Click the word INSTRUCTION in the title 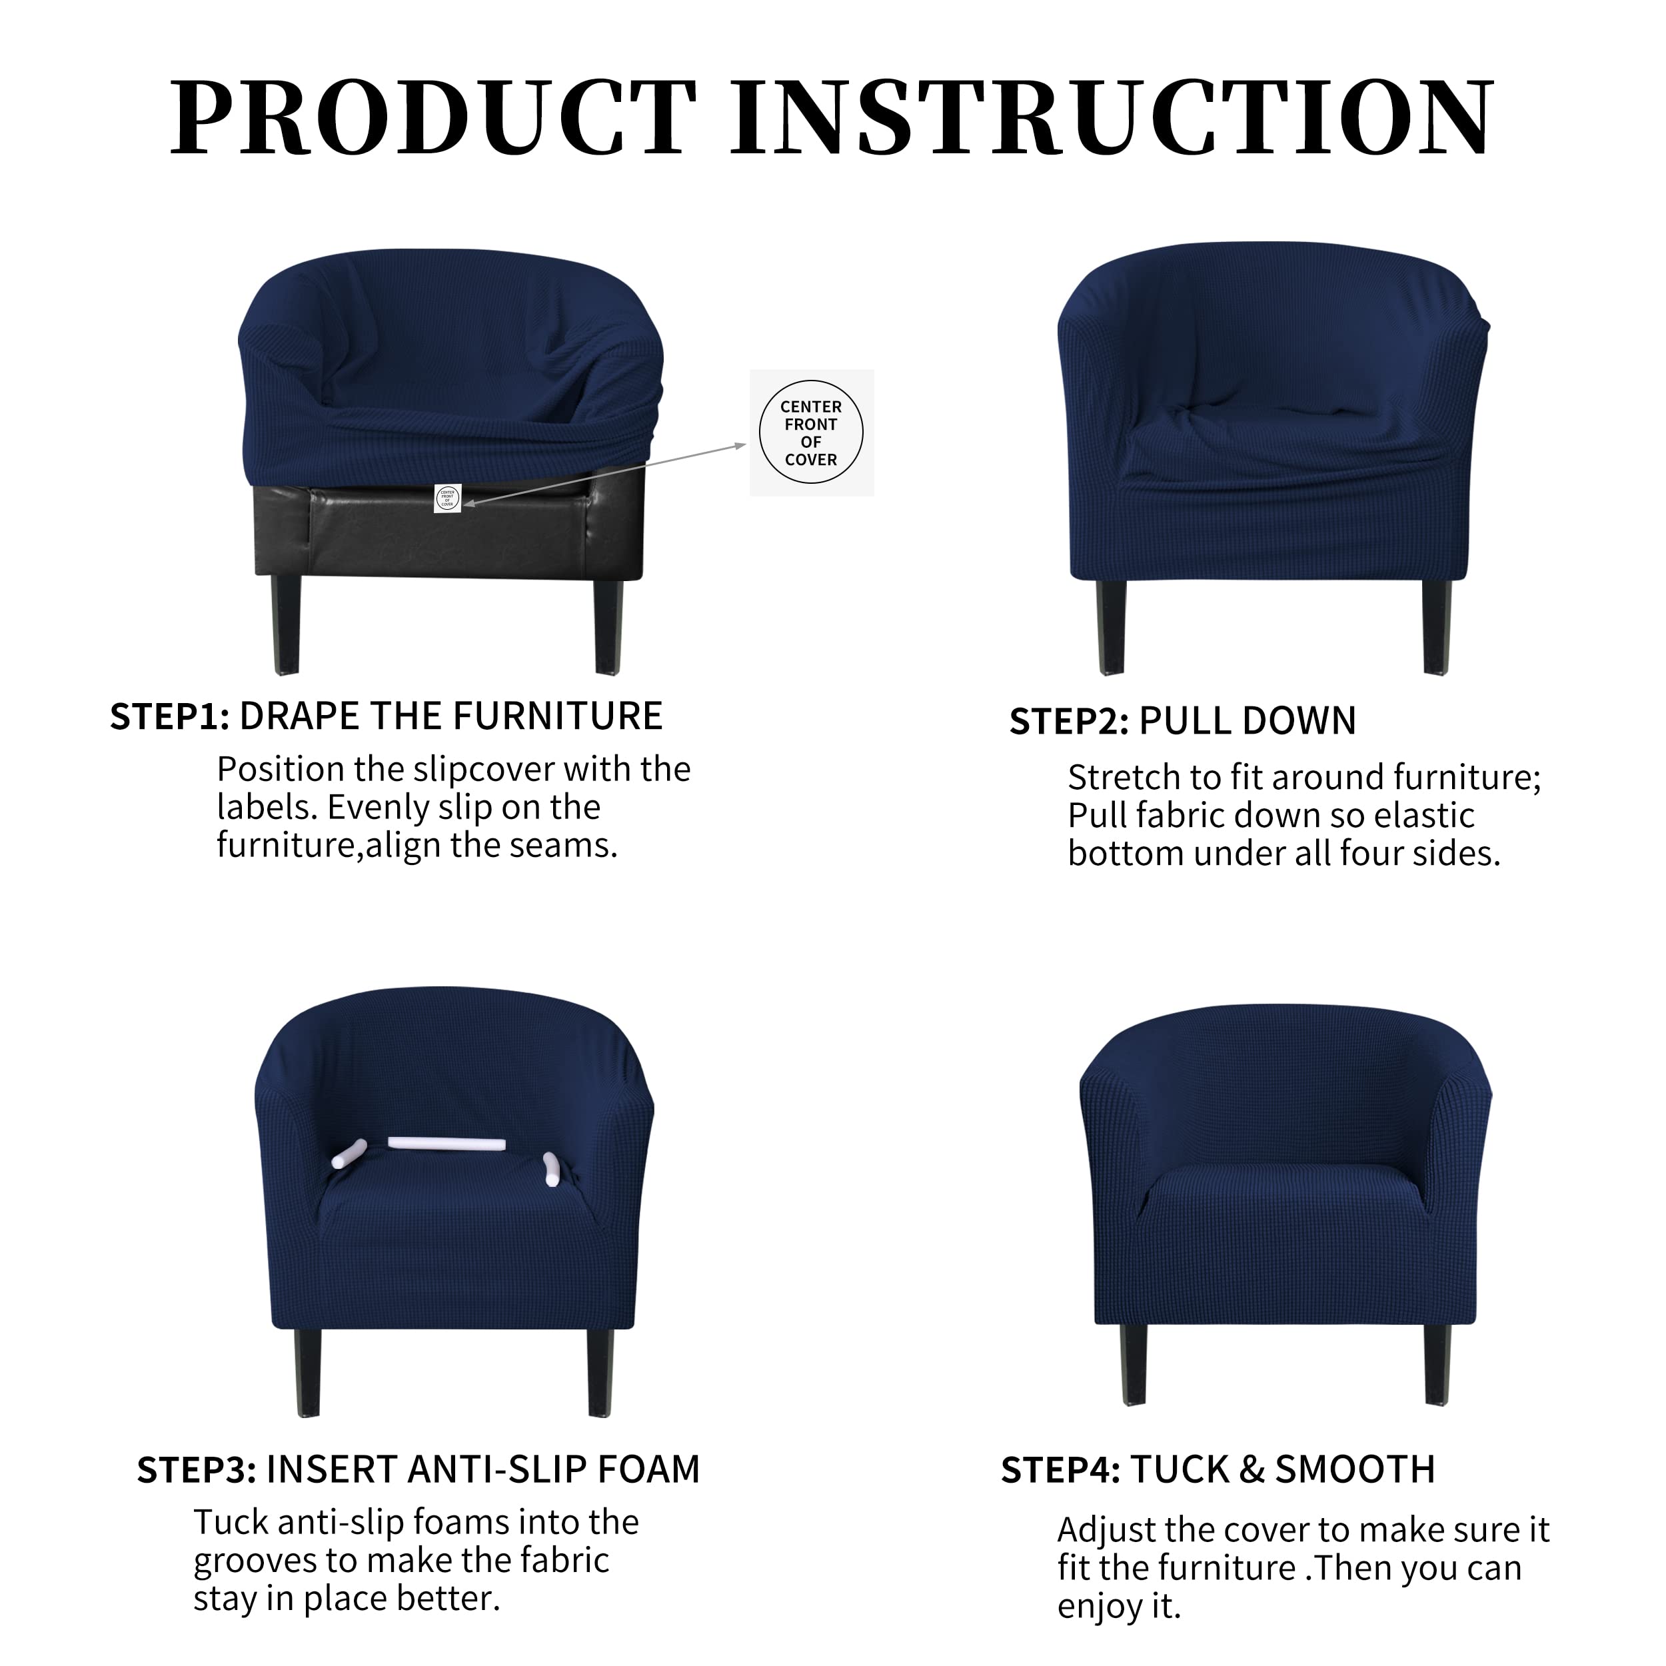pos(1112,117)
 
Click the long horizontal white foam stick pos(446,1144)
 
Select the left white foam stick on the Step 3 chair pos(349,1155)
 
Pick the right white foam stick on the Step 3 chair pos(552,1168)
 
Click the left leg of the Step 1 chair pos(285,624)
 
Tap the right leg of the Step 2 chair pos(1437,628)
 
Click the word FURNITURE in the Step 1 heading pos(557,716)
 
